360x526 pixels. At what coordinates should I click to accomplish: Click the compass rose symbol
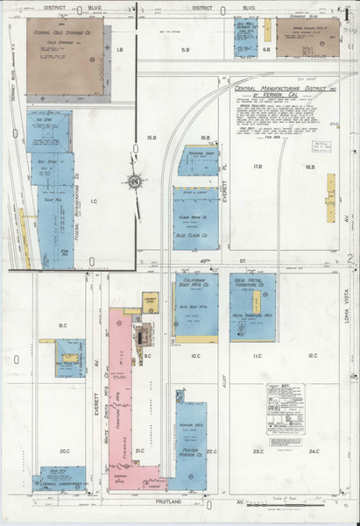coord(134,181)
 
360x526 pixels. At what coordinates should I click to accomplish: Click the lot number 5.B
coord(185,50)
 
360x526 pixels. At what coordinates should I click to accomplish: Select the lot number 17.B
coord(258,166)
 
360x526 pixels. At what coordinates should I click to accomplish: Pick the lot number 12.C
coord(314,356)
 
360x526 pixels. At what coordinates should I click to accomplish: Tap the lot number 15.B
coord(151,138)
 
